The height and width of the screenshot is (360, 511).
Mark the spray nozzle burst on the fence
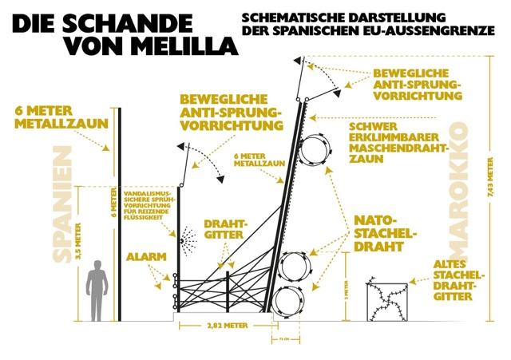[189, 237]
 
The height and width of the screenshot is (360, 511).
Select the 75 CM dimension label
[285, 338]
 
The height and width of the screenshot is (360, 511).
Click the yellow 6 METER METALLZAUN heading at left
[50, 117]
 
